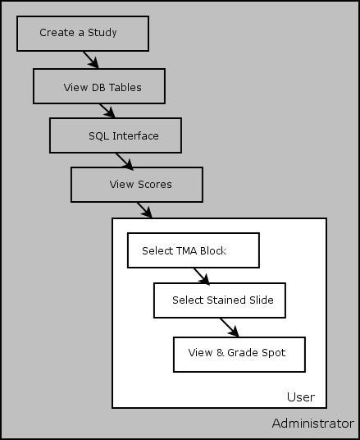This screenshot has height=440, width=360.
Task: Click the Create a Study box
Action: (83, 34)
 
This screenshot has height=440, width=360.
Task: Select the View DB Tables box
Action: (99, 86)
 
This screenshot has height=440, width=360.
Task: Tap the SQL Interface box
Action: (116, 135)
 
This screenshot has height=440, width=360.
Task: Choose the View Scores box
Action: (137, 185)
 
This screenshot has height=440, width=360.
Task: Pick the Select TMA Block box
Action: (194, 250)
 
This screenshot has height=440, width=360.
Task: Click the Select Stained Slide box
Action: (220, 300)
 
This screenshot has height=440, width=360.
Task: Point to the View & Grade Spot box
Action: (239, 355)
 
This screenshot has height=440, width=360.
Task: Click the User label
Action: (301, 397)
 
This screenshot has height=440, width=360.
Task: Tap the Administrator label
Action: (313, 424)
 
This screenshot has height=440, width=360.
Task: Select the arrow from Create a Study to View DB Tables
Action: (90, 60)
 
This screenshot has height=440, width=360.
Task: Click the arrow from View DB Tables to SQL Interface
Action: (107, 111)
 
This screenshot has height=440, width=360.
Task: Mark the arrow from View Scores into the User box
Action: (144, 210)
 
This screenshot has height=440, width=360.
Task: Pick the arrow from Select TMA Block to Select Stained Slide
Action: (202, 277)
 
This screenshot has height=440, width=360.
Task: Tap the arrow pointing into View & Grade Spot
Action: (230, 328)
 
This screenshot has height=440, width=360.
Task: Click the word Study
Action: (103, 33)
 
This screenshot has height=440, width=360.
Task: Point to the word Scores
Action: (155, 185)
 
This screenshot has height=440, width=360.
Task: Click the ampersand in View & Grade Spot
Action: (221, 352)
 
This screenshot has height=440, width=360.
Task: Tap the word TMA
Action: (185, 250)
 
